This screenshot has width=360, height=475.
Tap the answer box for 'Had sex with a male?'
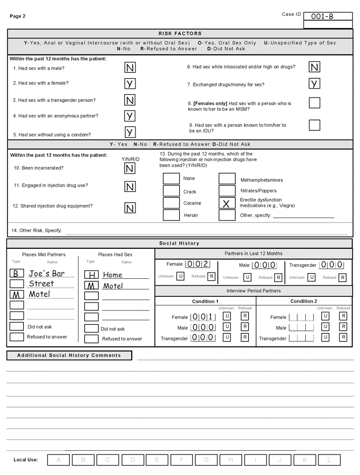pos(130,67)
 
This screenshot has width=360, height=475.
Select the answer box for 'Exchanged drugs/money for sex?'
pos(314,84)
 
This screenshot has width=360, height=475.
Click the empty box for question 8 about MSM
pos(314,103)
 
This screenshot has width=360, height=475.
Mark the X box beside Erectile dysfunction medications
pos(227,203)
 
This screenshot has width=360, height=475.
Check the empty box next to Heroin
pos(171,215)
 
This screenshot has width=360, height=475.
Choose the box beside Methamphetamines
pos(227,179)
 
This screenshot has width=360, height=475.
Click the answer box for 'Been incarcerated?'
pos(130,168)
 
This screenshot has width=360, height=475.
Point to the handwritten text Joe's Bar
pos(47,273)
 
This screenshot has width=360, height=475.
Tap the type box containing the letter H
pos(92,275)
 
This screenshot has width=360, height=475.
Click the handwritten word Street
pos(41,284)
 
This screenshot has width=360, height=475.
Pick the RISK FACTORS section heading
pos(180,33)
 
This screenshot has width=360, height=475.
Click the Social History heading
pos(180,244)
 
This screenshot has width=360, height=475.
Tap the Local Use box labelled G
pos(206,460)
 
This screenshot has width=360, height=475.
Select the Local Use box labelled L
pos(329,460)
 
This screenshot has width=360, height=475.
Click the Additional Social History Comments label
pos(69,355)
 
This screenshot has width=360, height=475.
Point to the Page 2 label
pos(17,16)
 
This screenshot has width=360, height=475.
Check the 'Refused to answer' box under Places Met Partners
pos(17,337)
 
